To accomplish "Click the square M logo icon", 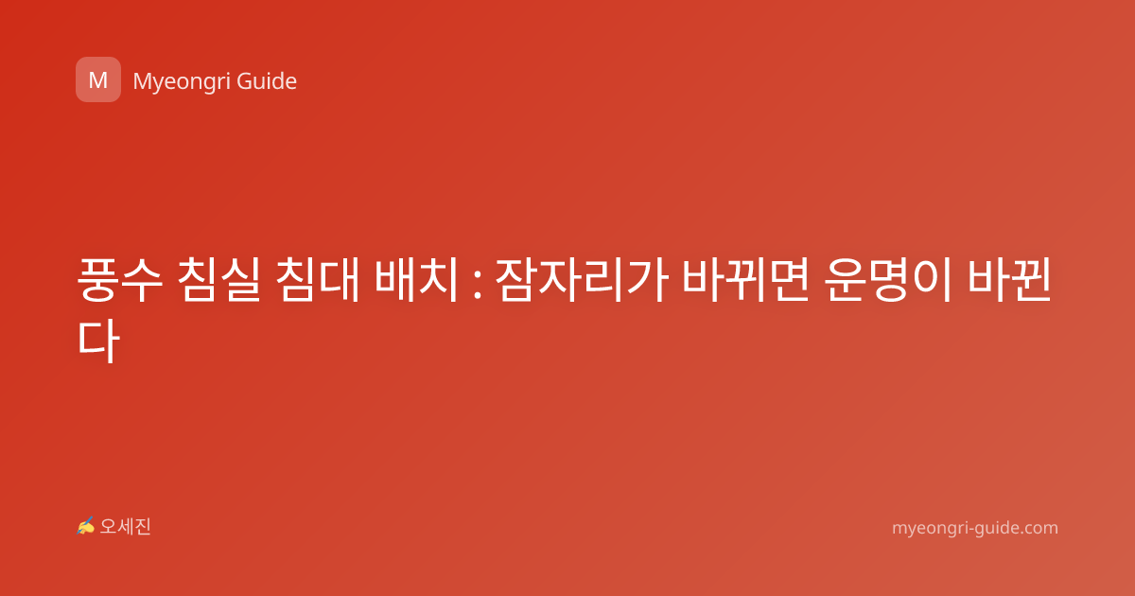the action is coord(98,79).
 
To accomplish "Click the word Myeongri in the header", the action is coord(181,82).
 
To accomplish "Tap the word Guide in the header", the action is coord(267,81).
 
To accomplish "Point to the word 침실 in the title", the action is coord(218,280).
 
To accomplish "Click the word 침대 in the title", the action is coord(318,280).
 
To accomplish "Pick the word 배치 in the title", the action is coord(416,280).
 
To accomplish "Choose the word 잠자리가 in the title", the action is coord(581,280).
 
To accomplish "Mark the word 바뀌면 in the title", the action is coord(745,280).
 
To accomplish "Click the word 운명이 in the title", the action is coord(888,280).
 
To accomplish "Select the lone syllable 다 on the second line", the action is coord(98,340).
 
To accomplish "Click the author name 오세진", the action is coord(125,527).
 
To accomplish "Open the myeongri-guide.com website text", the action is coord(975,528).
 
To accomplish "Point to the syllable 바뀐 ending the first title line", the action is coord(1009,280).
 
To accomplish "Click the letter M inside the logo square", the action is coord(98,80).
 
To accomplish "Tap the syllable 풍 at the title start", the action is coord(97,280).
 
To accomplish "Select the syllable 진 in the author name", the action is coord(143,527).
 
